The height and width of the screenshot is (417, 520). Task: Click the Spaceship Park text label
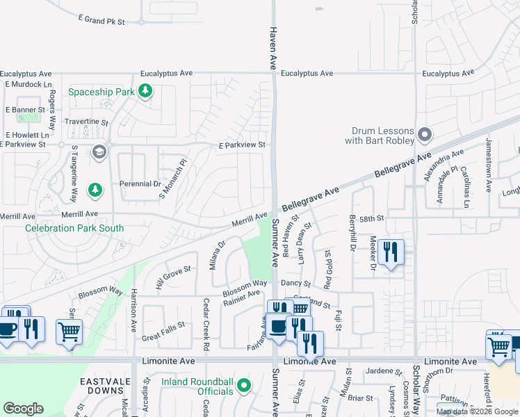point(101,92)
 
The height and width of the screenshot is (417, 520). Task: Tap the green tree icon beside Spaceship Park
point(145,91)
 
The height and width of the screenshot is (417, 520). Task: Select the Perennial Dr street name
point(140,184)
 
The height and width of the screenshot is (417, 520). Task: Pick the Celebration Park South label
point(74,228)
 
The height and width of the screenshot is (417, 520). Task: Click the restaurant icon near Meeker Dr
point(391,252)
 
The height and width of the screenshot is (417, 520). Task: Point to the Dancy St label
point(295,284)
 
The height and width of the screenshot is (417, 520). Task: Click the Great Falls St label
point(163,324)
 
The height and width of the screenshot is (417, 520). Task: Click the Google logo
point(24,409)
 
